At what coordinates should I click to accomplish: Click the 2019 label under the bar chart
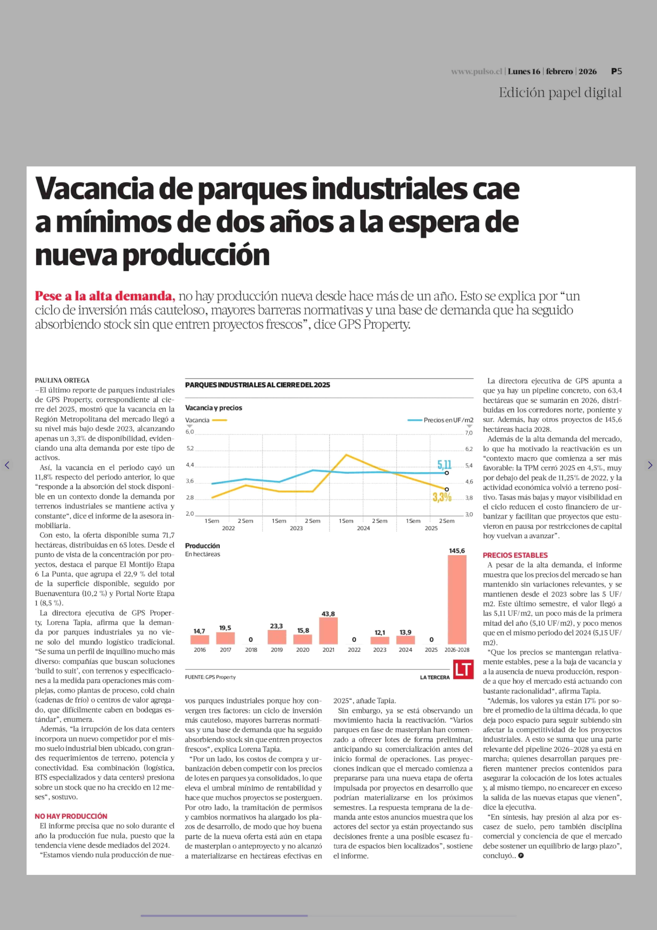[x=276, y=650]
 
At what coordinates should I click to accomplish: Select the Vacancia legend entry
[x=206, y=420]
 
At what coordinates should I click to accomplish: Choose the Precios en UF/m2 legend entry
[x=440, y=420]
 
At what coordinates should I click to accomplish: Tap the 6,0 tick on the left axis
[x=190, y=432]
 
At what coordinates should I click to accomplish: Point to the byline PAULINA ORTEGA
[x=62, y=380]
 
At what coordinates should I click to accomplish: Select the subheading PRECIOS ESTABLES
[x=515, y=555]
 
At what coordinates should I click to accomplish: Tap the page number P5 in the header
[x=616, y=71]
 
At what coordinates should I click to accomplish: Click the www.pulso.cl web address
[x=476, y=72]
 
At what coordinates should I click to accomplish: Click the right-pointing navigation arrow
[x=650, y=465]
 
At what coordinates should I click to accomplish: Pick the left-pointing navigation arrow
[x=7, y=465]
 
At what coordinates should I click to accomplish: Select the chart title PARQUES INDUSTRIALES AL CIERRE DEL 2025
[x=258, y=385]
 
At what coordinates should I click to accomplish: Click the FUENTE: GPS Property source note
[x=210, y=677]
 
